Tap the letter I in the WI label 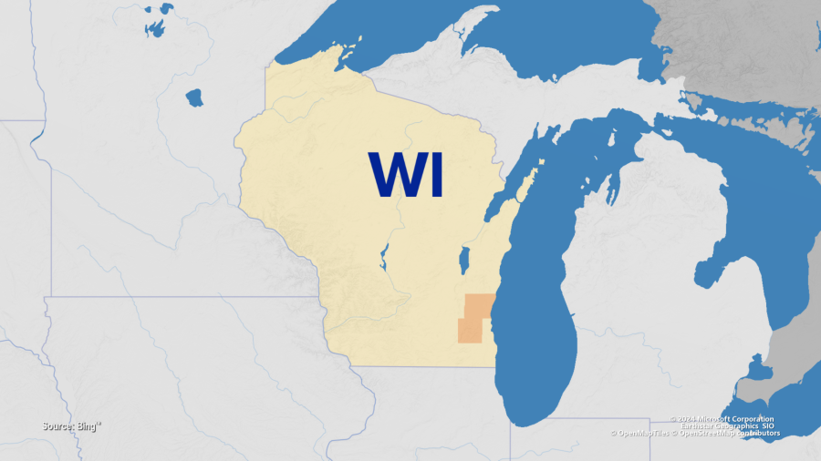click(434, 175)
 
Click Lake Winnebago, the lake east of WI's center click(463, 261)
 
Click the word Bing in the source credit click(88, 425)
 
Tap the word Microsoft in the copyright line click(718, 419)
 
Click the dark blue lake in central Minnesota click(194, 97)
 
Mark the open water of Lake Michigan click(538, 301)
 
